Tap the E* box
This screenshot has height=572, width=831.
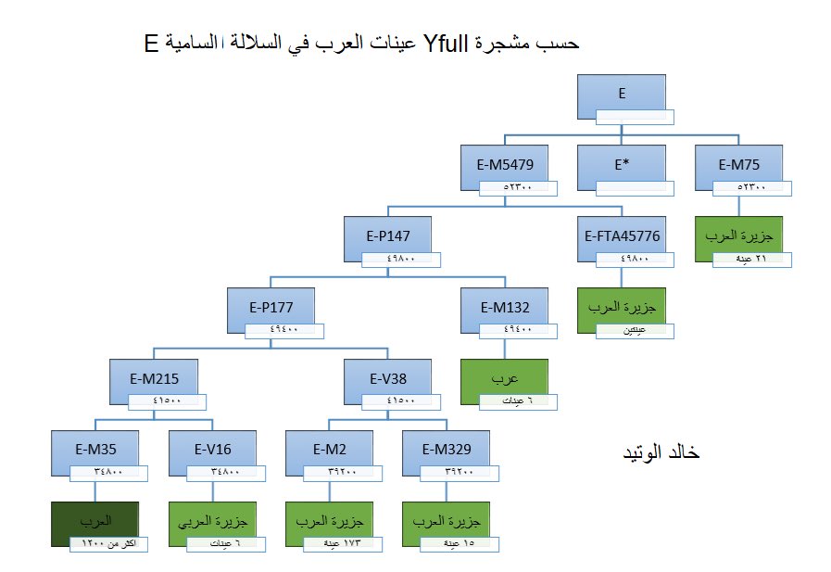point(621,165)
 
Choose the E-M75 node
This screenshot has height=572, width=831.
point(739,165)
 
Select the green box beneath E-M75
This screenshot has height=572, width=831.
point(739,236)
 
